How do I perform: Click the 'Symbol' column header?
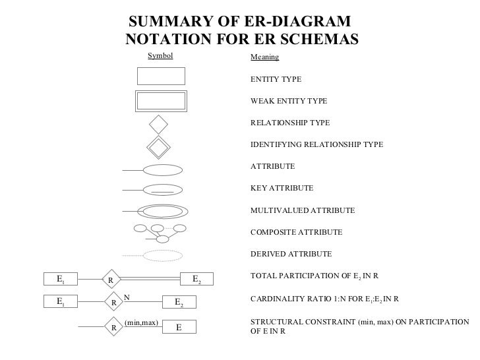(160, 56)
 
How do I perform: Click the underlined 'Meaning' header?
(264, 57)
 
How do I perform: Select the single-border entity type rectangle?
(160, 76)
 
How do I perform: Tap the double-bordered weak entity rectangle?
(160, 102)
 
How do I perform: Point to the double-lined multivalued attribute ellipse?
(161, 212)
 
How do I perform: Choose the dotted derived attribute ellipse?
(161, 255)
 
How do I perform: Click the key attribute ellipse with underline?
(161, 190)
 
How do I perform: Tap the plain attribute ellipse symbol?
(161, 169)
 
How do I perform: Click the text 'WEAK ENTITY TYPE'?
(289, 102)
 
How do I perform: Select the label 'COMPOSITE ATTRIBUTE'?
(296, 233)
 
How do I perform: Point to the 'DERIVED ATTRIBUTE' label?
(291, 255)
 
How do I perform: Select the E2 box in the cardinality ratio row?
(179, 302)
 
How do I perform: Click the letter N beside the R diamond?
(127, 297)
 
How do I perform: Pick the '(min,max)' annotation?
(140, 322)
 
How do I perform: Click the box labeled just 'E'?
(179, 327)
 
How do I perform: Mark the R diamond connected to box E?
(113, 326)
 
